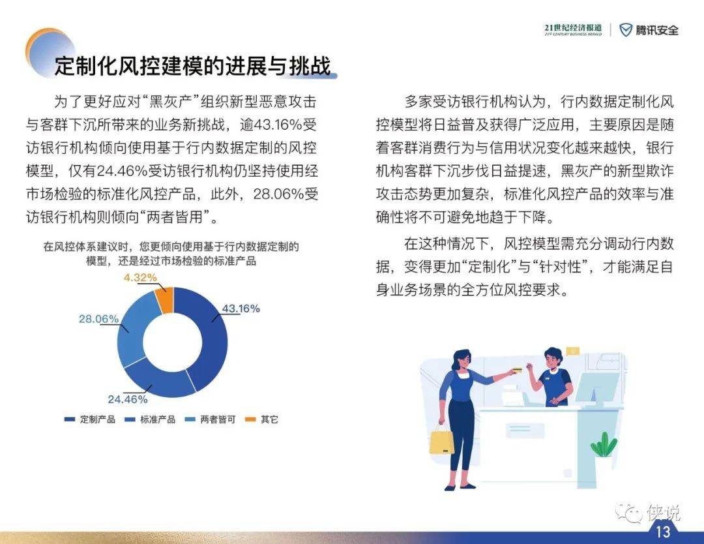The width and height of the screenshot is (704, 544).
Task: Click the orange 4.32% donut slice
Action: click(x=165, y=299)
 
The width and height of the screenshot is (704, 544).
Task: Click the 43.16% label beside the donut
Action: click(x=241, y=309)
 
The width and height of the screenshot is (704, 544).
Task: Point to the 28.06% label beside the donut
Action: click(x=99, y=319)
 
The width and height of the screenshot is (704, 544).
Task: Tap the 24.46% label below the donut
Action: click(x=128, y=399)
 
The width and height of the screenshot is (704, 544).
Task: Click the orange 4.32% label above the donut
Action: click(x=140, y=278)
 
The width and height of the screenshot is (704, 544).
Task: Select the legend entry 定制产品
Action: click(x=90, y=419)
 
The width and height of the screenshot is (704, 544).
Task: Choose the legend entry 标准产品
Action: click(x=150, y=419)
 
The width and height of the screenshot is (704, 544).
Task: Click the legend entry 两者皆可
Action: click(x=210, y=419)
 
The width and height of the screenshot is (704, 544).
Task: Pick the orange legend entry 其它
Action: click(x=262, y=419)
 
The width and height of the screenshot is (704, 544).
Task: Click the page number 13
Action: click(x=663, y=532)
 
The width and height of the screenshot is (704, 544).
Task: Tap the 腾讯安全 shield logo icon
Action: click(x=625, y=30)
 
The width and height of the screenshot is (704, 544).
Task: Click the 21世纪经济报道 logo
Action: click(x=573, y=29)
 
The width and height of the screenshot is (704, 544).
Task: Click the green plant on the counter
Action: click(x=604, y=445)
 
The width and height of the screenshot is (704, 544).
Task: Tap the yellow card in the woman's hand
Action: click(x=517, y=370)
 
